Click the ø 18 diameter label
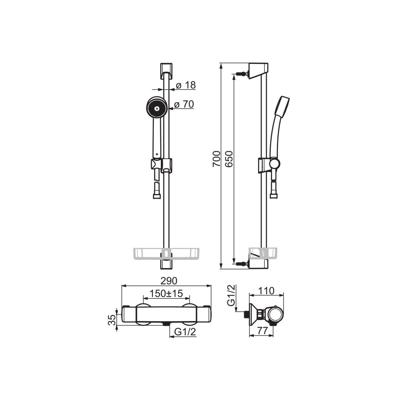[x=186, y=85]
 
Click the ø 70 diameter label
[x=184, y=104]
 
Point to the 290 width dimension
[x=169, y=281]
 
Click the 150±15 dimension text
[x=166, y=294]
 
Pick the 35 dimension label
[x=112, y=320]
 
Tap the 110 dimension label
[x=266, y=291]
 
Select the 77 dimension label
[x=262, y=331]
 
